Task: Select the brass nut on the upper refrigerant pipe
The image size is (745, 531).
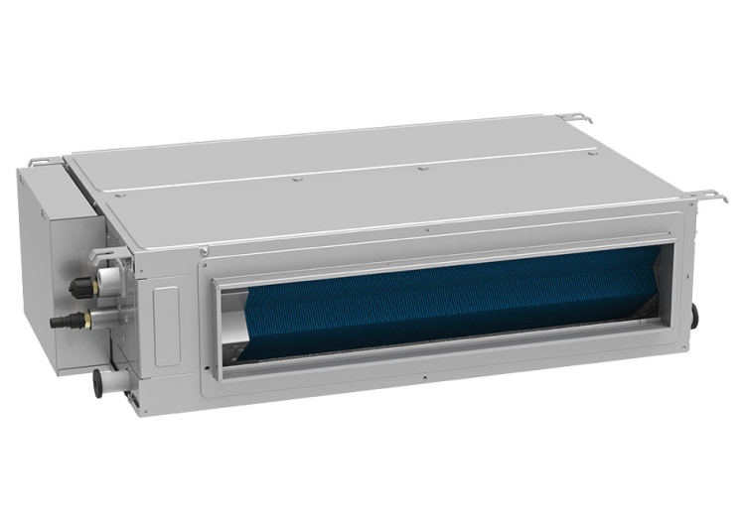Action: tap(91, 285)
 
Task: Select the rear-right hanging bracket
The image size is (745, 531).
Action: tap(574, 118)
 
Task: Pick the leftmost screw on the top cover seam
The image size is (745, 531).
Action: tap(295, 180)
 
